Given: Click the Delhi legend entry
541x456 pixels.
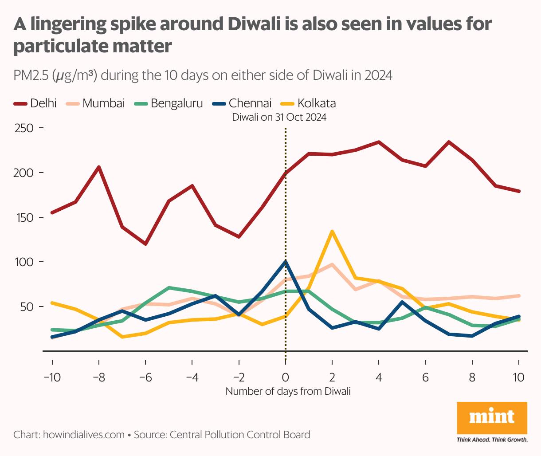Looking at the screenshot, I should click(35, 103).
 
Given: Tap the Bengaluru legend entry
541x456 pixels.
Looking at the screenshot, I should click(169, 103).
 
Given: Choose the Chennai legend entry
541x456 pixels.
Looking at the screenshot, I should click(242, 103).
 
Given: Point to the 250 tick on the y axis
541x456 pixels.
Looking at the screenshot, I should click(24, 128).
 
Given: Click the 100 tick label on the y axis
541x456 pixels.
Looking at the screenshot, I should click(24, 262).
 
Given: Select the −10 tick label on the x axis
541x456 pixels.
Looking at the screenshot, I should click(52, 377).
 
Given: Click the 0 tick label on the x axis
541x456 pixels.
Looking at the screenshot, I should click(285, 377).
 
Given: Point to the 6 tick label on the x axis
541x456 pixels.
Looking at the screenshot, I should click(425, 377).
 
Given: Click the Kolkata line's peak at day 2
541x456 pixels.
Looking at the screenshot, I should click(332, 231).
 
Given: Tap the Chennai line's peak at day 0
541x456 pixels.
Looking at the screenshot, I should click(285, 261).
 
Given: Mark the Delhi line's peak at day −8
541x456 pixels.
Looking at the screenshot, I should click(99, 167).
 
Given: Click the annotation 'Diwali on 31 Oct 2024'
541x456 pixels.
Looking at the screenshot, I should click(279, 118).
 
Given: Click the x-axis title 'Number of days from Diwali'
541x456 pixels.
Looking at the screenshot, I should click(288, 391).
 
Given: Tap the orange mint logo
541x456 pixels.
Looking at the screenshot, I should click(492, 417).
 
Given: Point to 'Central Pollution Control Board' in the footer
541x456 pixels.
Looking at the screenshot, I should click(240, 435).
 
